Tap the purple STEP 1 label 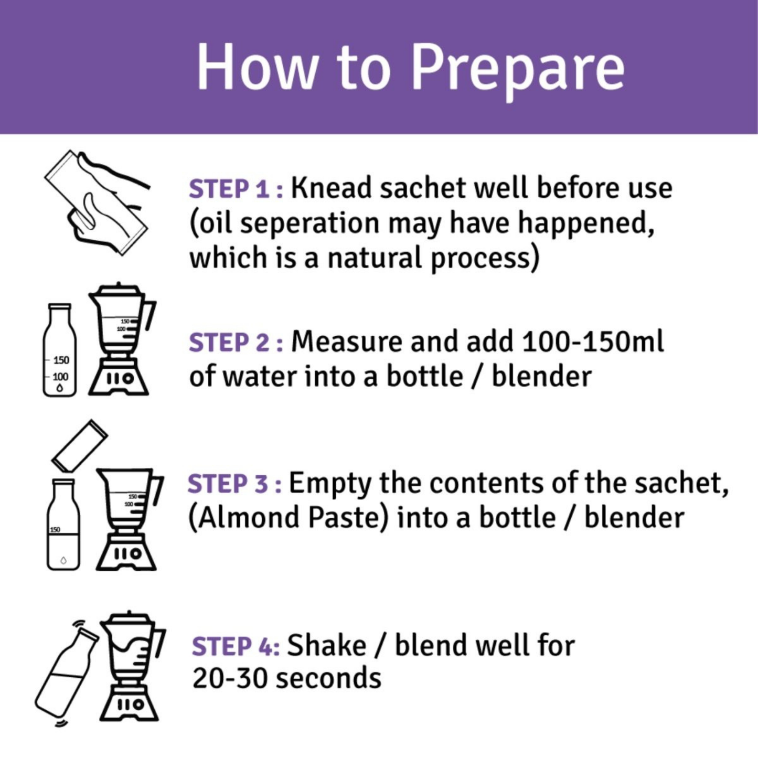pyautogui.click(x=236, y=189)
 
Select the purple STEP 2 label pyautogui.click(x=236, y=343)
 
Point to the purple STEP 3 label pyautogui.click(x=235, y=484)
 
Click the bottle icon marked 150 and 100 pyautogui.click(x=60, y=349)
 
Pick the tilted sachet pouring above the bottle pyautogui.click(x=80, y=446)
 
